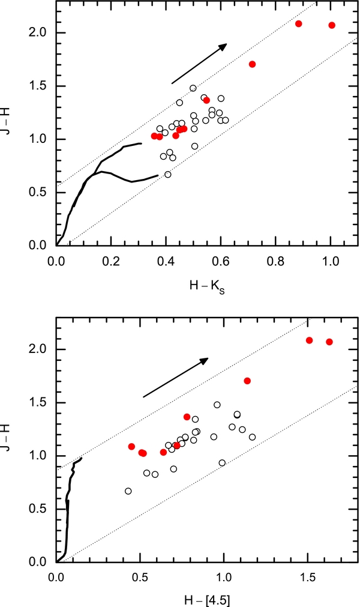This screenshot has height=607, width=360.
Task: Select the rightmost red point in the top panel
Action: [x=332, y=25]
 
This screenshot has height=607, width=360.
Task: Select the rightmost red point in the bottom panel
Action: [x=329, y=342]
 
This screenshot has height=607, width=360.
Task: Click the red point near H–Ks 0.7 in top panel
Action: [x=253, y=64]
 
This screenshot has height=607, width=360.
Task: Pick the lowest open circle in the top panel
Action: [x=168, y=175]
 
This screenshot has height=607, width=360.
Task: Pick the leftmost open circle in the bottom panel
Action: [x=128, y=491]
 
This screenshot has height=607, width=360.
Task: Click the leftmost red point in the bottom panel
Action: [x=131, y=447]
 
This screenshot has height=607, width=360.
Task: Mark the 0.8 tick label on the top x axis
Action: [x=275, y=262]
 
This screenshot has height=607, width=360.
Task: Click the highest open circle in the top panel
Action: [x=193, y=88]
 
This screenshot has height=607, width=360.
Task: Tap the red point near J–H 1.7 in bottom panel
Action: [x=247, y=381]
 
